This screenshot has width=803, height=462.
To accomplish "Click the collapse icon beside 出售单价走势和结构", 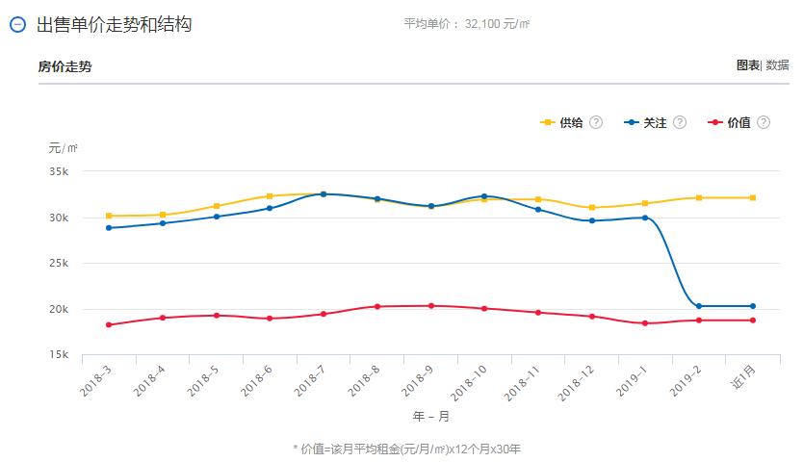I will click(x=16, y=25).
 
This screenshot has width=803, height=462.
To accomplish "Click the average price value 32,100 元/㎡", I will click(x=497, y=24).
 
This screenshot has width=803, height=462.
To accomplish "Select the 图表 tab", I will click(x=747, y=65).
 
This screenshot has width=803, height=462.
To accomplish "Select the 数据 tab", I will click(x=777, y=65).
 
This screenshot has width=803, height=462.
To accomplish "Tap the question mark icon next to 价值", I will click(x=764, y=123).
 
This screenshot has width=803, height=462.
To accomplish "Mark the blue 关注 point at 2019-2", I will click(x=699, y=306).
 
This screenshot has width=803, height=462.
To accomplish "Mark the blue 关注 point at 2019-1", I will click(x=645, y=218).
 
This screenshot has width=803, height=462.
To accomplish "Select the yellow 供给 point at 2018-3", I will click(x=109, y=216).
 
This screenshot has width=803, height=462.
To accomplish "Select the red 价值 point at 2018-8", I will click(x=377, y=307).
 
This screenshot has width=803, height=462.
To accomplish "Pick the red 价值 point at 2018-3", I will click(x=109, y=325).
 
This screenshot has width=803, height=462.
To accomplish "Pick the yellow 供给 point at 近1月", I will click(x=753, y=197).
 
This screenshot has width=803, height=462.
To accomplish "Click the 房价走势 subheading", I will click(x=65, y=66).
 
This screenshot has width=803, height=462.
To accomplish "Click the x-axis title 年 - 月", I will click(x=430, y=417).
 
